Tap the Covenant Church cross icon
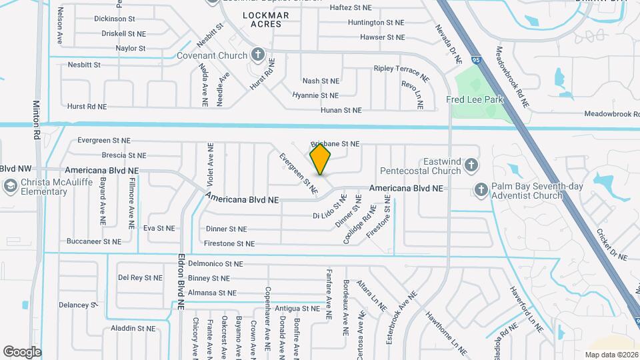[258, 55]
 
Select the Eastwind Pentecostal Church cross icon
[471, 165]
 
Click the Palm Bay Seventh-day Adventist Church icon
[481, 191]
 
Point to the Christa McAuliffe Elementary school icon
[10, 186]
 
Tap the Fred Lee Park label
[474, 100]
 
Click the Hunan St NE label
[341, 111]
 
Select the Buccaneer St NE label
[93, 241]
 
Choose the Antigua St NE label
[297, 309]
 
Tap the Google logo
[22, 352]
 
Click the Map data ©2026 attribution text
[611, 355]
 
